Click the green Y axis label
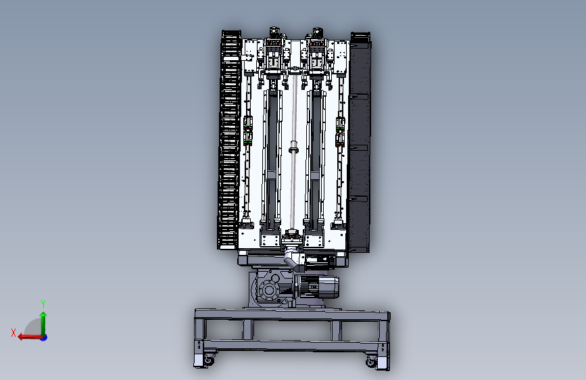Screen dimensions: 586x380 43,304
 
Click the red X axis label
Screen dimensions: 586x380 14,333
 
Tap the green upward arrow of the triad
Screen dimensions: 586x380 43,324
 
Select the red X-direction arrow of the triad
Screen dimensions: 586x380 30,337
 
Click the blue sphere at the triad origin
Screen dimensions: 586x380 44,337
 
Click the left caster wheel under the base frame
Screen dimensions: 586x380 209,360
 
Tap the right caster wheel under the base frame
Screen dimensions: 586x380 371,361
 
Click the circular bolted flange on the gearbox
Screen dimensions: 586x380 268,291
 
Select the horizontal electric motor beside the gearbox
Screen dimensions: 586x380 318,287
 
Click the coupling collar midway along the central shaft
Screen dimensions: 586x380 294,147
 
